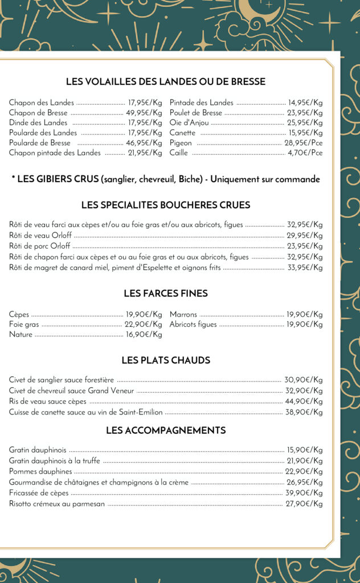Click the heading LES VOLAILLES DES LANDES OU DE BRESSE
[166, 82]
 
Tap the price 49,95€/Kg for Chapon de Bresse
[144, 113]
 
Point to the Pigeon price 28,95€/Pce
[304, 143]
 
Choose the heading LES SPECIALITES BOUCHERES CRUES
[166, 205]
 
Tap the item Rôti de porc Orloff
[40, 246]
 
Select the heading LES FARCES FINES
[166, 294]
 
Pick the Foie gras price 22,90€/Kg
[144, 325]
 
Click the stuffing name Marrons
[183, 314]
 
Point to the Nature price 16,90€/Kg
[144, 335]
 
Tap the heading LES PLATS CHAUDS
[166, 360]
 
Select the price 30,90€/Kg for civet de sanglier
[304, 380]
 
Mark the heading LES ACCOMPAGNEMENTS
[166, 430]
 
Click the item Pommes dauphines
[40, 471]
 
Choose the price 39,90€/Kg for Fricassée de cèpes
[304, 493]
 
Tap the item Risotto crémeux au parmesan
[57, 504]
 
